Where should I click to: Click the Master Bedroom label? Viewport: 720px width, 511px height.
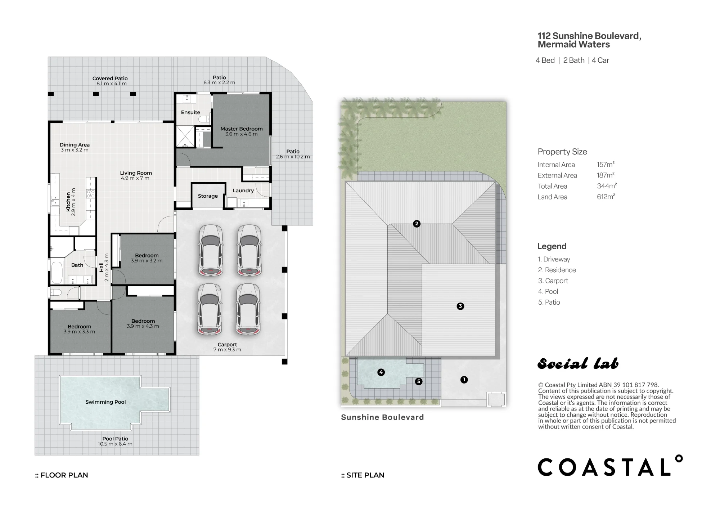tap(242, 129)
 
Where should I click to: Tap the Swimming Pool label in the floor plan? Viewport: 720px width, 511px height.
tap(105, 402)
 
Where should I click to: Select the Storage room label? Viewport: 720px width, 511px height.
tap(208, 196)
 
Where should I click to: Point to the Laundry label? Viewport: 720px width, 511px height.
tap(243, 190)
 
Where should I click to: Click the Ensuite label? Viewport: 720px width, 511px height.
tap(190, 112)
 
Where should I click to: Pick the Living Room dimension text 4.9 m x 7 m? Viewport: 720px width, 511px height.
tap(135, 178)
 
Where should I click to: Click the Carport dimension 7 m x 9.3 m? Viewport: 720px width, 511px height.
tap(227, 350)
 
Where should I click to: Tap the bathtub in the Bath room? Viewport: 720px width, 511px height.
tap(57, 273)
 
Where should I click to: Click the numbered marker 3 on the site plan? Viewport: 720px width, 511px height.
tap(460, 306)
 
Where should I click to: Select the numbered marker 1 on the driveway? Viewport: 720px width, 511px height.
tap(464, 380)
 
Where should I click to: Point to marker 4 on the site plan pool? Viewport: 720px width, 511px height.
tap(381, 372)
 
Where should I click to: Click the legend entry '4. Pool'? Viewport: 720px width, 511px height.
tap(548, 291)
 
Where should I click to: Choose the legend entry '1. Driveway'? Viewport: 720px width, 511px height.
tap(554, 259)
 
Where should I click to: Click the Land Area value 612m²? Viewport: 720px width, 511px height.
tap(606, 197)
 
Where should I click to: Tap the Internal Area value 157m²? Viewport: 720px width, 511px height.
tap(606, 164)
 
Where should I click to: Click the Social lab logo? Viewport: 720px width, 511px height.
tap(578, 364)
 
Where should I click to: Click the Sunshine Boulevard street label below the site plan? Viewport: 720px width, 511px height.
tap(382, 417)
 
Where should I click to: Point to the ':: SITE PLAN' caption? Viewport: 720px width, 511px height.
tap(363, 475)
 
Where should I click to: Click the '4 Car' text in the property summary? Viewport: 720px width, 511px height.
tap(600, 60)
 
